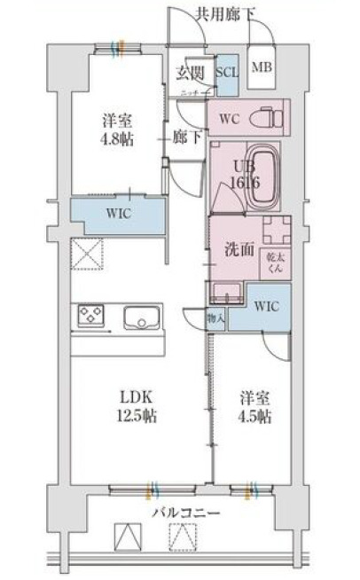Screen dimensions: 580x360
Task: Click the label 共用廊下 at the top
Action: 226,12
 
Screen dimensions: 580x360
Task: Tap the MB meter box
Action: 262,67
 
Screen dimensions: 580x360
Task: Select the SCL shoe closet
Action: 226,73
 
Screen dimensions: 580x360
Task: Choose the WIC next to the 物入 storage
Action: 266,306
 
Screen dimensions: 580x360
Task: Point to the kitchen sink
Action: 140,317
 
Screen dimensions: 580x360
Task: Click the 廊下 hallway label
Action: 184,138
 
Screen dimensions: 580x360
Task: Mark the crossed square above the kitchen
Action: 89,253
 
